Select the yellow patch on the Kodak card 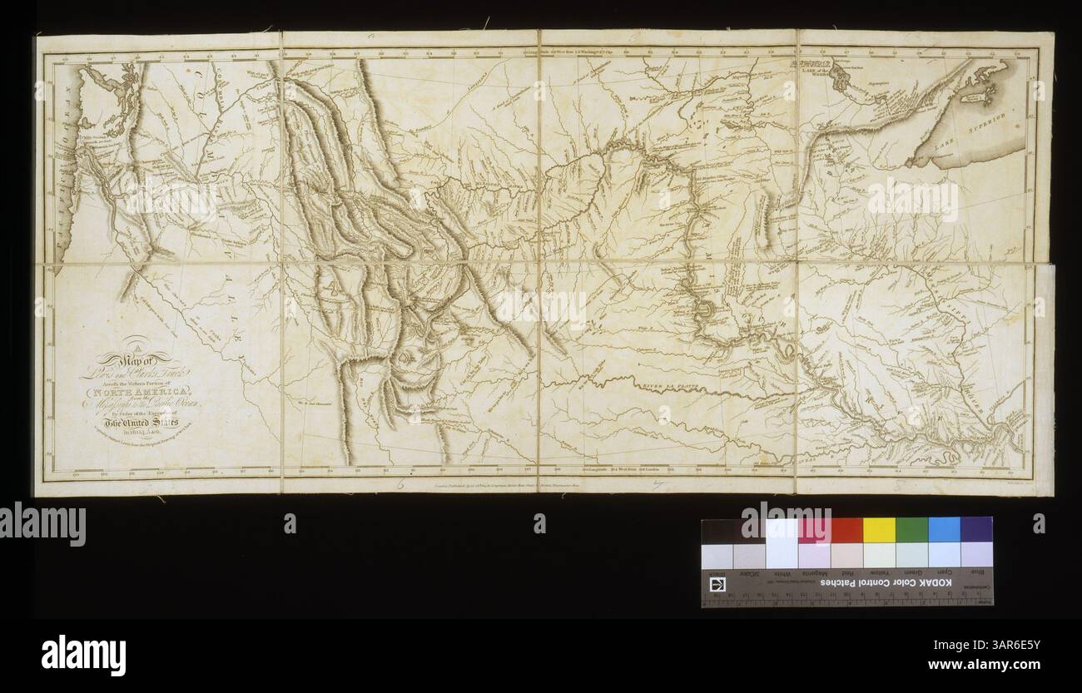[x=879, y=529]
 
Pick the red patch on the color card [x=846, y=529]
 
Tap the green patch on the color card [x=911, y=529]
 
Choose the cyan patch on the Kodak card [x=944, y=529]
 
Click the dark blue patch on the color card [x=976, y=529]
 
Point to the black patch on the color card [x=717, y=530]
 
